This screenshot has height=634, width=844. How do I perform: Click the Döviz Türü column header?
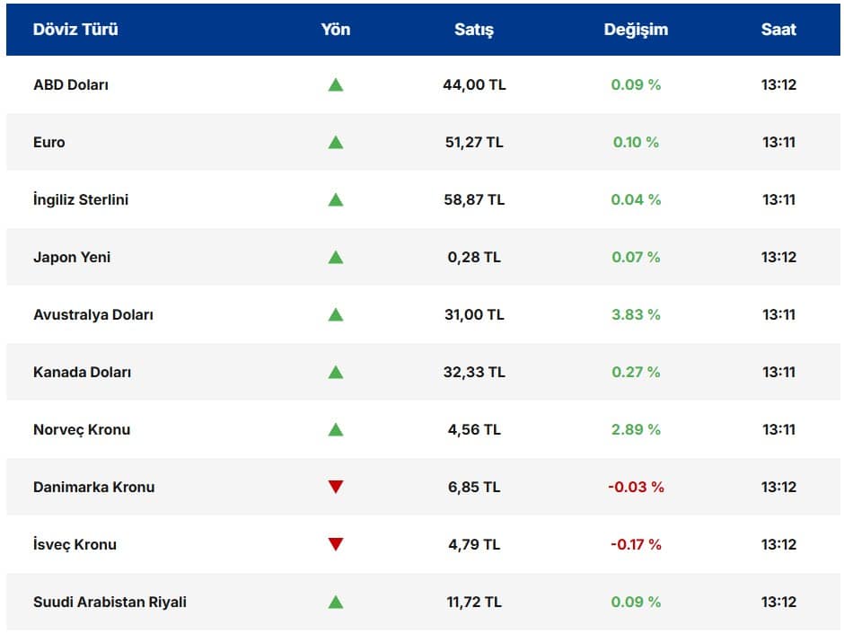tap(75, 29)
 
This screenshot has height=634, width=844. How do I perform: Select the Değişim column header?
tap(636, 29)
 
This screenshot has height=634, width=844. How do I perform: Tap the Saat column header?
tap(778, 29)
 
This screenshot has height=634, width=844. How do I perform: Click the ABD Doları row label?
tap(71, 84)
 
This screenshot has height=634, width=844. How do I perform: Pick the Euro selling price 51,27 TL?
tap(474, 142)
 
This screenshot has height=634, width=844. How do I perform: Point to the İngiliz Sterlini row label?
tap(81, 199)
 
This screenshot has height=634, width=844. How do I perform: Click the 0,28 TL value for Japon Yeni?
tap(474, 257)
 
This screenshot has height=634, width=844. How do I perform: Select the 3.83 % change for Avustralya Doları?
tap(636, 314)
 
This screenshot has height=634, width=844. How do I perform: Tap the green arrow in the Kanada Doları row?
tap(336, 372)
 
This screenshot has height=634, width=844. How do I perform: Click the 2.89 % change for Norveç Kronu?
tap(636, 429)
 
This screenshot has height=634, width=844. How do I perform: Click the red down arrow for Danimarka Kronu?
tap(336, 487)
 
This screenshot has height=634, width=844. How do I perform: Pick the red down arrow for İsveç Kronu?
tap(336, 544)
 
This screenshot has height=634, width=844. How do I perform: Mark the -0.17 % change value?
tap(635, 544)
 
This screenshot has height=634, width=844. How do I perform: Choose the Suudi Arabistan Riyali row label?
tap(110, 602)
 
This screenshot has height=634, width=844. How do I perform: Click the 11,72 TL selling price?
tap(474, 602)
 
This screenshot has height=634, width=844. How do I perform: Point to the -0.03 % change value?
tap(636, 487)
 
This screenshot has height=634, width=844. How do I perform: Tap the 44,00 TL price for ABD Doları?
tap(474, 84)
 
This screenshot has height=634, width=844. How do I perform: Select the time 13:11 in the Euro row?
tap(778, 142)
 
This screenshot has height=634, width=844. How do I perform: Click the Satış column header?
tap(474, 29)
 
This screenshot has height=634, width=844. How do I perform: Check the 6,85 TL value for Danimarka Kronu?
tap(474, 487)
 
